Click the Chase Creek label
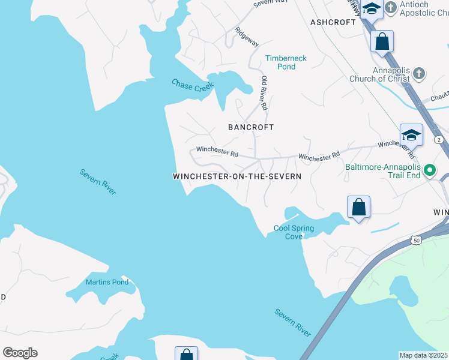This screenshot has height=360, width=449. tap(192, 86)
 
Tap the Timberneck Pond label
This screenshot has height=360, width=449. tap(286, 62)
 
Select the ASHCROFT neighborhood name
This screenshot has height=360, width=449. tap(333, 22)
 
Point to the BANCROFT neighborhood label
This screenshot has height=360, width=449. tap(251, 127)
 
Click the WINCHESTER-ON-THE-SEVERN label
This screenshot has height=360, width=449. tap(237, 176)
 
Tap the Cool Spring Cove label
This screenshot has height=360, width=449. tap(294, 232)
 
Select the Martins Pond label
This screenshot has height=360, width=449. tap(107, 282)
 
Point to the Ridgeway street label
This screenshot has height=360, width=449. tap(247, 37)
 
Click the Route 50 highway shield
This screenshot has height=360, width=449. tap(415, 240)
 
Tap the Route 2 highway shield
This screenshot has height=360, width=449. tap(439, 140)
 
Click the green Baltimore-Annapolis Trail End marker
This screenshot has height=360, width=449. tap(430, 171)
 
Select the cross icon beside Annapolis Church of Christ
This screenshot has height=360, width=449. tap(419, 74)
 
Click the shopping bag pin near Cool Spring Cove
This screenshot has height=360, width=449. tap(359, 207)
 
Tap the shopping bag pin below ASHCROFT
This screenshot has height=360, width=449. tap(382, 41)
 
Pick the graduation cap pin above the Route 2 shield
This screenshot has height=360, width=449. tap(412, 134)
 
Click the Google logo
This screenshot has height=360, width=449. tap(20, 353)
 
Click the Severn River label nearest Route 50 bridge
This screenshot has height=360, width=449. tap(293, 322)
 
